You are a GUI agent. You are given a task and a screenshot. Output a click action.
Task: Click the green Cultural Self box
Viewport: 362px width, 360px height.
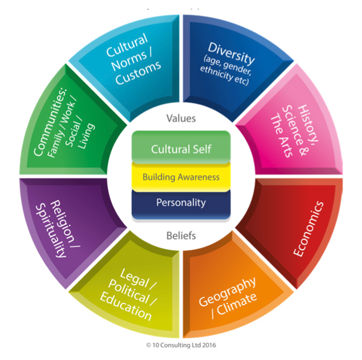click(x=180, y=149)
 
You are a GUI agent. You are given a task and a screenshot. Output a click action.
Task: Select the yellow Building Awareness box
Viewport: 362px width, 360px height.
click(x=180, y=177)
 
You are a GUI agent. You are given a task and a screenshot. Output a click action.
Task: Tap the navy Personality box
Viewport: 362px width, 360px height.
click(x=180, y=202)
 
